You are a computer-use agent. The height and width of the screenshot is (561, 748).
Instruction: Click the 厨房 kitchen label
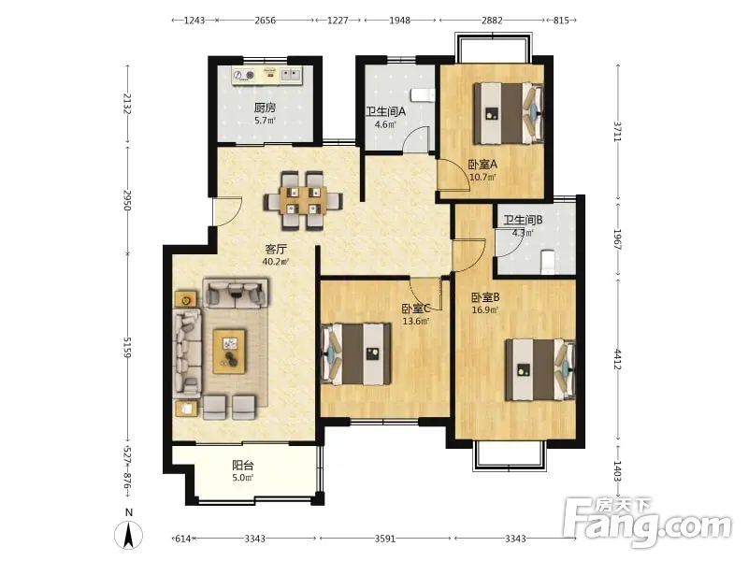coord(265,108)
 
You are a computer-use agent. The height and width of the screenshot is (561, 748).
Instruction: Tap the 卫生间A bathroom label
coord(385,111)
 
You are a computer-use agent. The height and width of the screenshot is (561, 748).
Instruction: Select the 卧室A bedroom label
coord(482,165)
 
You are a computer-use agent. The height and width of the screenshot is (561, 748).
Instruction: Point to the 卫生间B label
coord(523,220)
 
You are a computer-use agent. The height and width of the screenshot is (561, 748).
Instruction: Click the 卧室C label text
coord(416,309)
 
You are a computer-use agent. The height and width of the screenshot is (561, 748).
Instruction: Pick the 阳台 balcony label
coord(243,465)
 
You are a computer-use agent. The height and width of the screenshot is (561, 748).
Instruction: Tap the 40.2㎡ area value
coord(276,262)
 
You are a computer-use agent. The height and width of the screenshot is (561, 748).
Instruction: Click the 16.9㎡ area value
coord(485,310)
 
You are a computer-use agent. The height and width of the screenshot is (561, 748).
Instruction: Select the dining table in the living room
coord(303,200)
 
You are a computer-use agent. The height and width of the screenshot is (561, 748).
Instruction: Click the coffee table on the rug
coord(229,352)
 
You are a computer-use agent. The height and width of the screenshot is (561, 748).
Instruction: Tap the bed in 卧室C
coord(356,354)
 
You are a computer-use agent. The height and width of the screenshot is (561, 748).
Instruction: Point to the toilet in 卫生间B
coord(548,262)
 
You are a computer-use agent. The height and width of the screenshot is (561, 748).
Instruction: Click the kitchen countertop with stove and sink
coord(267,76)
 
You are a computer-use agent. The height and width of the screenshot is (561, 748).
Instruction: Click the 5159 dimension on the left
coord(127,347)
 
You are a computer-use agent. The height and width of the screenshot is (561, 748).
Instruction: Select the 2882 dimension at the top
coord(492,20)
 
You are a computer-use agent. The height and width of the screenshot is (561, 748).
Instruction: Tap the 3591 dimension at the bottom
coord(385,539)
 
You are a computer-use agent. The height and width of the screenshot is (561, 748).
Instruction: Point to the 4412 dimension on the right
coord(618,359)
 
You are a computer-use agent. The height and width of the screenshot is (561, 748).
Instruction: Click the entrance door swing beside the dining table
coord(228,211)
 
